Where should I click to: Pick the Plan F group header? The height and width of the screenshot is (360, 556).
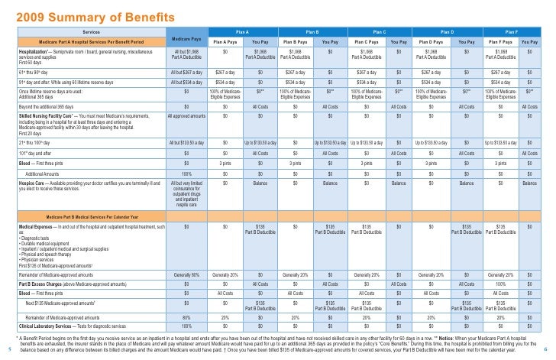pos(511,31)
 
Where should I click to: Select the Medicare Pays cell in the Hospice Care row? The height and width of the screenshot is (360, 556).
pos(187,195)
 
